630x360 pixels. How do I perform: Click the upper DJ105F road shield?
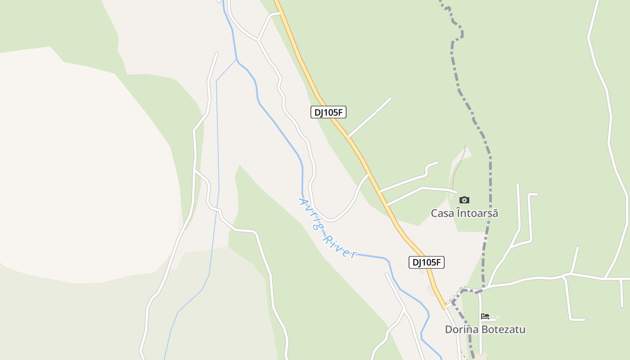(x=328, y=112)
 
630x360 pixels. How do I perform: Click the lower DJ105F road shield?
(x=426, y=262)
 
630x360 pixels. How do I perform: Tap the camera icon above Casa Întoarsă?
(x=464, y=200)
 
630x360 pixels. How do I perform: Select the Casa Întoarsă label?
(x=464, y=213)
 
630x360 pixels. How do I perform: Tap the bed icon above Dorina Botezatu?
(x=485, y=316)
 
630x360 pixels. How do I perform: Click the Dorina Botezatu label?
(x=485, y=329)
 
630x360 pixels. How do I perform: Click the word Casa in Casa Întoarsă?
(x=441, y=213)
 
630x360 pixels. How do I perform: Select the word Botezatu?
(x=503, y=329)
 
